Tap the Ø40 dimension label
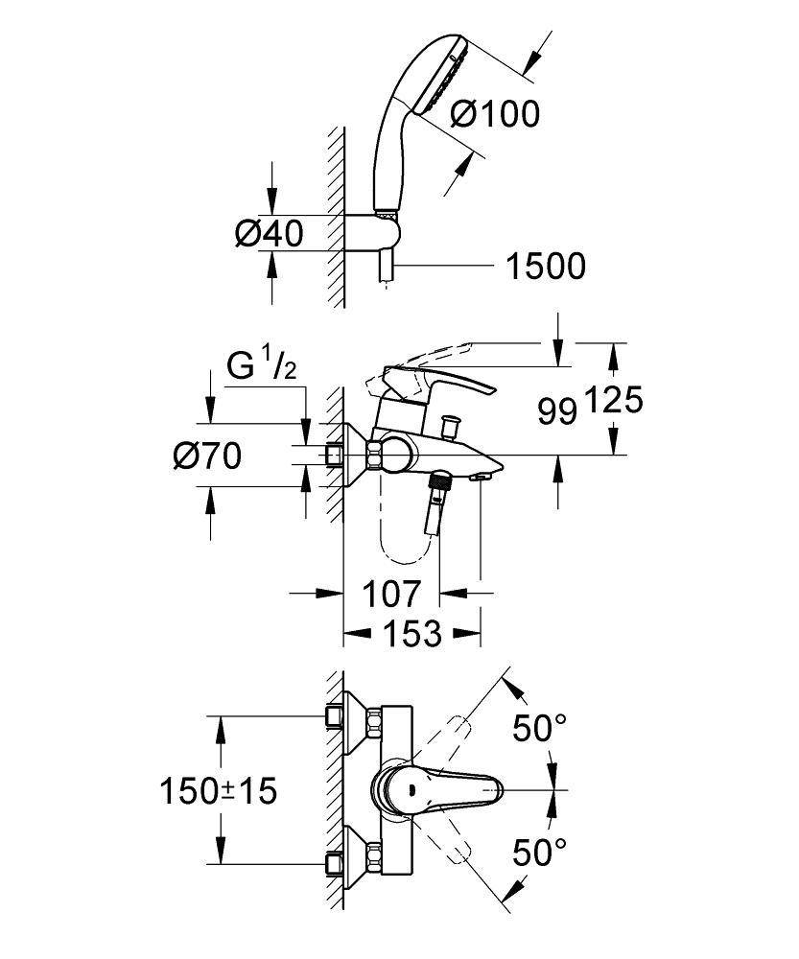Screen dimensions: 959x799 click(x=269, y=232)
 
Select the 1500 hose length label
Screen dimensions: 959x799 click(x=545, y=266)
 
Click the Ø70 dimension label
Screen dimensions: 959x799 click(x=206, y=456)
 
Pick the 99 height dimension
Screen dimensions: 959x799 click(x=557, y=412)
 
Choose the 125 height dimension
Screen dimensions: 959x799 click(x=611, y=399)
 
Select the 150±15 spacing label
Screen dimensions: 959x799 click(x=218, y=790)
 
